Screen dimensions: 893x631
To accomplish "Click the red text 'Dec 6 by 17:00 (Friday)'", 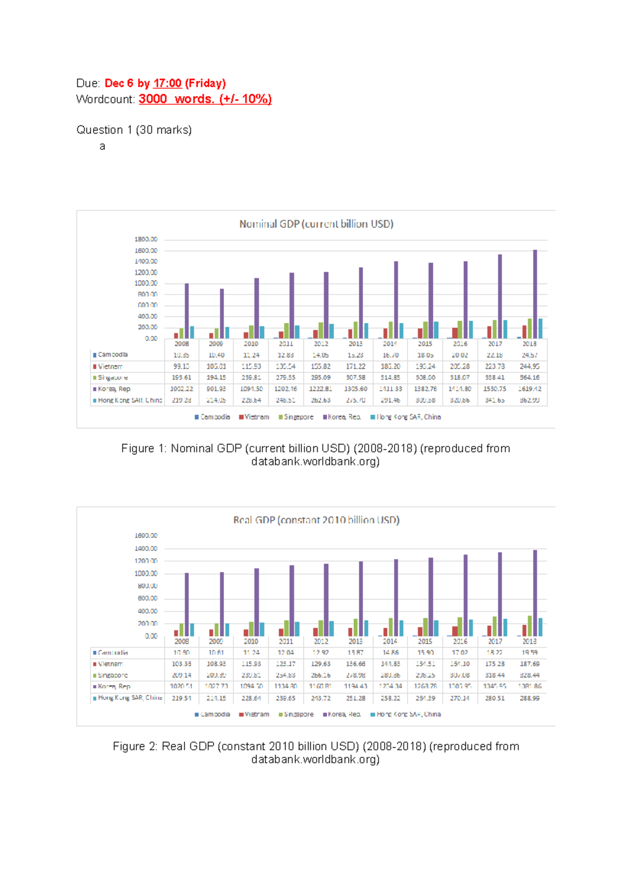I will [x=165, y=83].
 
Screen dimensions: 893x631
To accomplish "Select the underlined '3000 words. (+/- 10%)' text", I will [x=205, y=99].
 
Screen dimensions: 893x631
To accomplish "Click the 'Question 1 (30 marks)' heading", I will [x=134, y=130].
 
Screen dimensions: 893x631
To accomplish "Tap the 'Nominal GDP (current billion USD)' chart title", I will [x=316, y=224].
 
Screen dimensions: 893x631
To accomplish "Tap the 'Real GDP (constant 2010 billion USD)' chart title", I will [x=316, y=520].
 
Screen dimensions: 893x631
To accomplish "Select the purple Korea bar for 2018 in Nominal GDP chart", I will [x=535, y=295].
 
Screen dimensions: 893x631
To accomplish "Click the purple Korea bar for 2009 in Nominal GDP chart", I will [x=222, y=313].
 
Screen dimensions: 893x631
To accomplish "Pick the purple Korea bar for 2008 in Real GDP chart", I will [x=187, y=605].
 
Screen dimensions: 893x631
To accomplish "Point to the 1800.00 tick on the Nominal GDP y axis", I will [x=146, y=239].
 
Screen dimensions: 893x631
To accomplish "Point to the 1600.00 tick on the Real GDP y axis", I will [x=146, y=536].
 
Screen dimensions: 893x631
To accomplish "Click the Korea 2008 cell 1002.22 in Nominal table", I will [x=181, y=389].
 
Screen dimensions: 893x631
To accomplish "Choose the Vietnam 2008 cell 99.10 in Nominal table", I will [x=181, y=367].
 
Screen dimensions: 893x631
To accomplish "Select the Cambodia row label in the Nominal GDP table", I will [x=113, y=355].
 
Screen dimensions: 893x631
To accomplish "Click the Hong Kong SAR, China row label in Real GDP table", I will [x=129, y=698].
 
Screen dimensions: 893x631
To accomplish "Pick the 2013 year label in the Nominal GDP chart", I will [x=355, y=344].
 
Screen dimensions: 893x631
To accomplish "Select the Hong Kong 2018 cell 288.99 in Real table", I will [x=530, y=698].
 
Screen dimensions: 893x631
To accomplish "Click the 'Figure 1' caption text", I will [x=315, y=449].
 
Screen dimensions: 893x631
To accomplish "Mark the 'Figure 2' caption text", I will [x=315, y=747].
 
